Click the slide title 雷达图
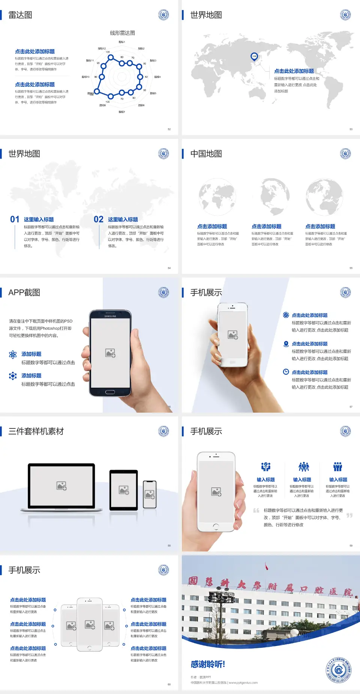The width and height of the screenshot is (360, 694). point(20,15)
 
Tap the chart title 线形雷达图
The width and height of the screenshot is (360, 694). point(122,33)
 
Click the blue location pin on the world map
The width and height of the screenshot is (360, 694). point(254,57)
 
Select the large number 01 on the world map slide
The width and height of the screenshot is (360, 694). point(15,219)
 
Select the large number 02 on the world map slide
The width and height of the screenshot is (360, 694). point(99,219)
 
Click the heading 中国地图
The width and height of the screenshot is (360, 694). point(206,154)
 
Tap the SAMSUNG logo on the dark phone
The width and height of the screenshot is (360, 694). point(110,316)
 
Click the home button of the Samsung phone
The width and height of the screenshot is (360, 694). point(110,392)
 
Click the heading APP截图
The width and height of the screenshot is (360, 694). point(24,293)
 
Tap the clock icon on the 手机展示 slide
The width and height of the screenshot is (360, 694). point(286,372)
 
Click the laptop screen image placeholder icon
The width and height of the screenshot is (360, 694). point(61,486)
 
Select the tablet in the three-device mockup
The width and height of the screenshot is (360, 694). point(123,490)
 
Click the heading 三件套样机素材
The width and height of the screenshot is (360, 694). point(36,431)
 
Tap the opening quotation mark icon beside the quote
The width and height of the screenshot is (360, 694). point(256,511)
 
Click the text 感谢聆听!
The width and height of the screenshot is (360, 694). point(207,664)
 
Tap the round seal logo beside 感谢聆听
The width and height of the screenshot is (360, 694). point(338,670)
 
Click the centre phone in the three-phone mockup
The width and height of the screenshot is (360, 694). point(90,624)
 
